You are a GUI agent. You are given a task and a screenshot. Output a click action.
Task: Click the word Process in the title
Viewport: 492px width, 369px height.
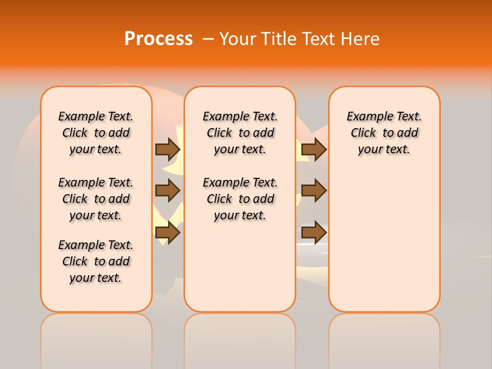(x=158, y=38)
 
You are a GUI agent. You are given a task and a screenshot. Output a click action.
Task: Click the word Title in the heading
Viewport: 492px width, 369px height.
(x=278, y=38)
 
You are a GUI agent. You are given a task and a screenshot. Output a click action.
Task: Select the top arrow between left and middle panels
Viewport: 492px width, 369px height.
(x=168, y=149)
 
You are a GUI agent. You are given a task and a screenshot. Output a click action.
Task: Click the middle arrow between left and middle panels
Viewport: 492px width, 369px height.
(x=168, y=191)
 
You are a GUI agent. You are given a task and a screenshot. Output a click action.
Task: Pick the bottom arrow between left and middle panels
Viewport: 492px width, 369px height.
(x=168, y=232)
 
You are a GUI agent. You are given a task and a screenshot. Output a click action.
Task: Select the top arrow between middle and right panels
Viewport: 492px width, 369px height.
(x=314, y=149)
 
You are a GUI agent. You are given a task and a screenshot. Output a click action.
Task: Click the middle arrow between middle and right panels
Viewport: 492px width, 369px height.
(x=314, y=191)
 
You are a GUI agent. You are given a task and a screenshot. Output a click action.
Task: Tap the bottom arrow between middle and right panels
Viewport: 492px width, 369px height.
(x=314, y=232)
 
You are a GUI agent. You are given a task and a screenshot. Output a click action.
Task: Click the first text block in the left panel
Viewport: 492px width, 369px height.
(x=96, y=133)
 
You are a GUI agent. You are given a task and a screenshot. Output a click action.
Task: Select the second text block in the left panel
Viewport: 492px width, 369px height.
(x=96, y=199)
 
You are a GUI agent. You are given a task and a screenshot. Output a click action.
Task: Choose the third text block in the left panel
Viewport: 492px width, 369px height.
(x=96, y=261)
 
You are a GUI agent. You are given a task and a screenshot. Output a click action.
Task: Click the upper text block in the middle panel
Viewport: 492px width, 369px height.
(x=240, y=133)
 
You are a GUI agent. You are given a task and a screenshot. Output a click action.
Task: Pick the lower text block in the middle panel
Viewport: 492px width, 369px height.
(x=240, y=199)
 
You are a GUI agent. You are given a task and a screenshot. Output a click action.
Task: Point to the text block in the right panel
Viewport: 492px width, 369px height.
(x=384, y=133)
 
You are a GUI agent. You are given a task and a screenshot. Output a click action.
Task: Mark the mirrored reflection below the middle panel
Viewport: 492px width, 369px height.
(x=240, y=338)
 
